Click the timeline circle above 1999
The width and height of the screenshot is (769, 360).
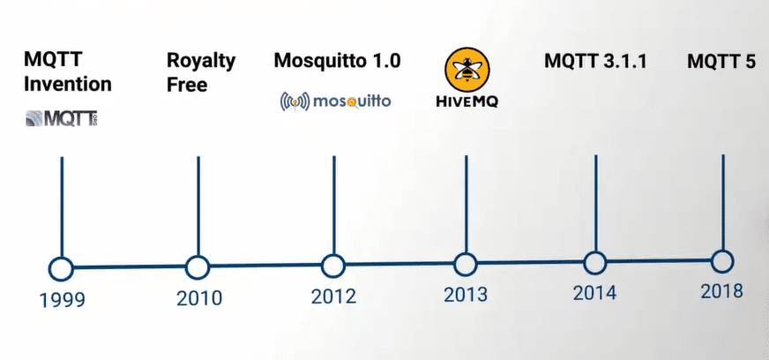click(x=61, y=267)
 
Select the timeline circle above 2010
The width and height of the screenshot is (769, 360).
click(x=198, y=266)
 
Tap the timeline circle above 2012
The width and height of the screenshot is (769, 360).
click(x=332, y=266)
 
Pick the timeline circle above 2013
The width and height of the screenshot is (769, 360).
click(x=465, y=264)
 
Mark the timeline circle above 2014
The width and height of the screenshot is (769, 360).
click(x=595, y=263)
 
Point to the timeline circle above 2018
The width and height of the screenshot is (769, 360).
click(x=722, y=261)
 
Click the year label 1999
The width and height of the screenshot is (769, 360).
click(x=62, y=300)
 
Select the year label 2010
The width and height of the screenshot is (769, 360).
click(x=198, y=298)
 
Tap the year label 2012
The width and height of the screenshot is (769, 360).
click(x=333, y=296)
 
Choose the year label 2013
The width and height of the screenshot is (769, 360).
click(x=465, y=295)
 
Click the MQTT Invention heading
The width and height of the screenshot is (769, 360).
click(x=68, y=73)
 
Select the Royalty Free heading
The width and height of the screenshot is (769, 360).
click(x=201, y=73)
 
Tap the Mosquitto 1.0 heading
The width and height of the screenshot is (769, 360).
click(x=337, y=61)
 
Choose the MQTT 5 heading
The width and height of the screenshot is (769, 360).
click(x=721, y=62)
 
